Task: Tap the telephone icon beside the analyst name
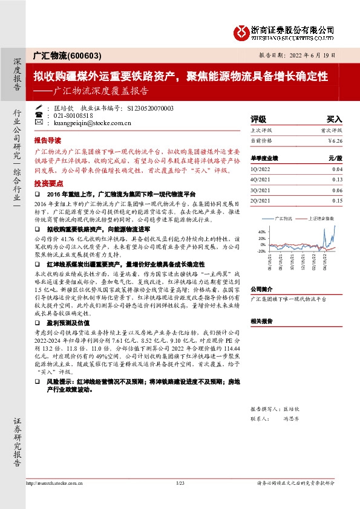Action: (x=39, y=115)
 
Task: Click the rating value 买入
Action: (x=335, y=119)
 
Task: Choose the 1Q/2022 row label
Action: (x=260, y=170)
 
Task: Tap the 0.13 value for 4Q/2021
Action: (x=337, y=180)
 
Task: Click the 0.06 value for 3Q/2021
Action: (x=337, y=190)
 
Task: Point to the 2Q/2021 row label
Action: (x=260, y=200)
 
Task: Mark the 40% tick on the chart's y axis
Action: (x=261, y=232)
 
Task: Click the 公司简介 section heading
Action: (x=262, y=289)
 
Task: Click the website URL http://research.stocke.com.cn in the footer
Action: (x=54, y=483)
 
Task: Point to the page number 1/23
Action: (x=180, y=483)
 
